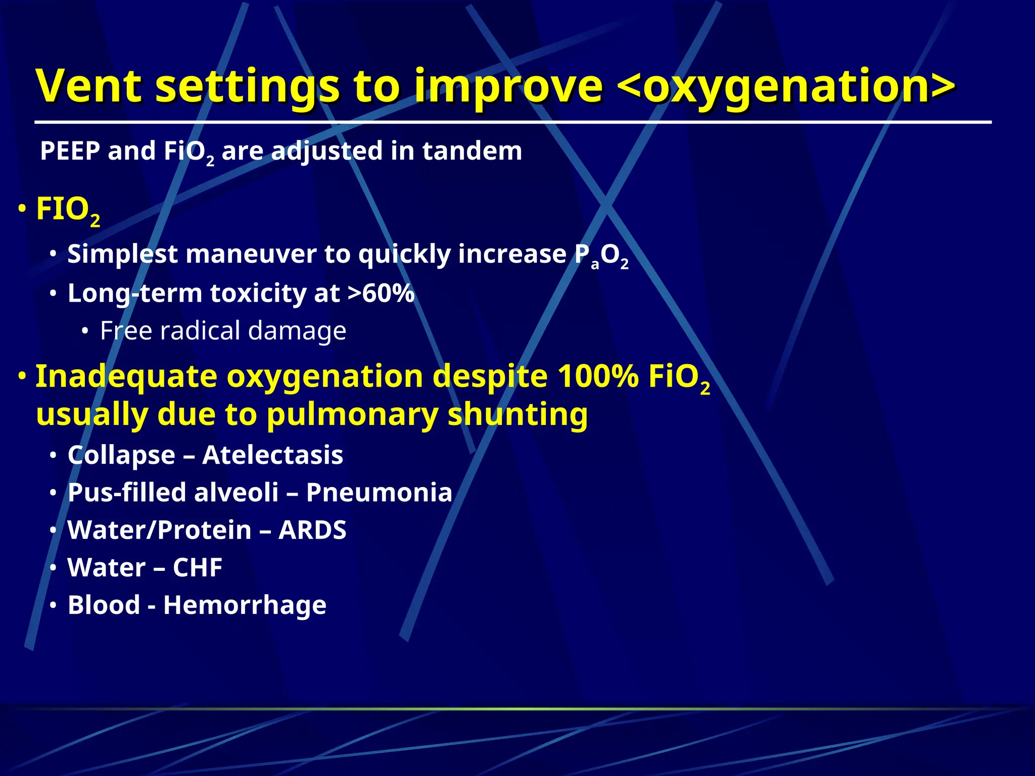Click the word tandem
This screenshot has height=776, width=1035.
[472, 151]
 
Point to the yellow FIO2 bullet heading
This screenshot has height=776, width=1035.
[68, 210]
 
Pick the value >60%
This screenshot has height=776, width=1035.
[381, 293]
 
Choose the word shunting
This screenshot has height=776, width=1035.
[517, 414]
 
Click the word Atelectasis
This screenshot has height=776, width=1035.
[272, 455]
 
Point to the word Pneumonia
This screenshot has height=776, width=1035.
[379, 492]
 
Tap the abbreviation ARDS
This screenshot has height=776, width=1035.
[312, 530]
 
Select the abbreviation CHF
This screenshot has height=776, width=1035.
[198, 567]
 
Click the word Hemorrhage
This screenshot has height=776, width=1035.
[245, 605]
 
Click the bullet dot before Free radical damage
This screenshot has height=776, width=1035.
[85, 331]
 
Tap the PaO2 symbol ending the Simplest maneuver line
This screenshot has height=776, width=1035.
[601, 256]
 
